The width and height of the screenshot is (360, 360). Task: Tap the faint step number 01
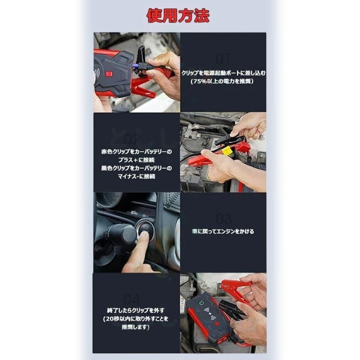[223, 59]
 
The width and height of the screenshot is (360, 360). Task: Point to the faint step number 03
[223, 219]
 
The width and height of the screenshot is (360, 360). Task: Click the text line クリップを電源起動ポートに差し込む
[223, 73]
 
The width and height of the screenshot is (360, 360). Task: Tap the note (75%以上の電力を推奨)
[223, 81]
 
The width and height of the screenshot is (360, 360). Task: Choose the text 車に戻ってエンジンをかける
[223, 231]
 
